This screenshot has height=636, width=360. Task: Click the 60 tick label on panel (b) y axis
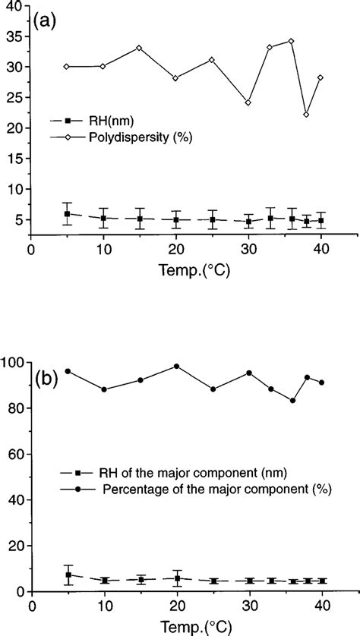[x=15, y=454]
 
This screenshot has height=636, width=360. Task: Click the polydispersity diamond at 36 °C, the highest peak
[x=291, y=41]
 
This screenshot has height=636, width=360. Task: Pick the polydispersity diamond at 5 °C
[x=67, y=67]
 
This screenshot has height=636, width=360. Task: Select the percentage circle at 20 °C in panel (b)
[x=176, y=366]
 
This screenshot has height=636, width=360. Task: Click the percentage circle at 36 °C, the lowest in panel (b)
[x=293, y=401]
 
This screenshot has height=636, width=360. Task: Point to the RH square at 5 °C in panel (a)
[x=67, y=214]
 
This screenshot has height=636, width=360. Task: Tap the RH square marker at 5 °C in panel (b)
[x=68, y=575]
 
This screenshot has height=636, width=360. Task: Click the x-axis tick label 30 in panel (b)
[x=248, y=607]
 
